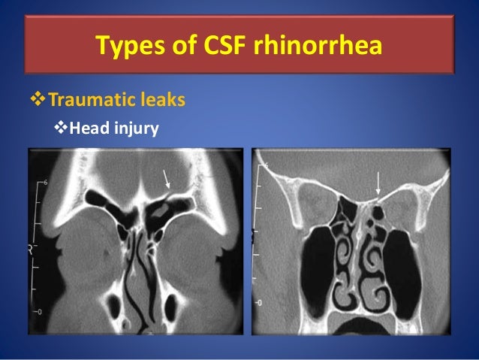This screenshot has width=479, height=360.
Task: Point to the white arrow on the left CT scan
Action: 168,180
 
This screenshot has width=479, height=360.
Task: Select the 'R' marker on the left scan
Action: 31,248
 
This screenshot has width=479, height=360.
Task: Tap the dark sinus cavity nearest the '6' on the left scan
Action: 99,199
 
